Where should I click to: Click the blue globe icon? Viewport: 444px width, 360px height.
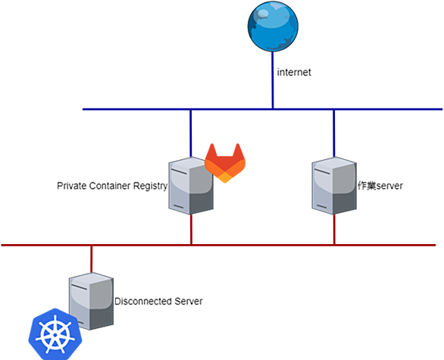click(x=273, y=27)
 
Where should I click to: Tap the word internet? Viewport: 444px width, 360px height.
click(x=294, y=72)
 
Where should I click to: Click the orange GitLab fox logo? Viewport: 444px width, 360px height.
click(x=225, y=163)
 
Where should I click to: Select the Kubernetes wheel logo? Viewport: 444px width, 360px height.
click(x=55, y=334)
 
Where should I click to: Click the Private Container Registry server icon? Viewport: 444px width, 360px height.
click(x=191, y=186)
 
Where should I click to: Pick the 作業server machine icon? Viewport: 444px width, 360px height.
click(x=334, y=186)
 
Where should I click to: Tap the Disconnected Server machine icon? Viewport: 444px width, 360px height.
click(x=91, y=301)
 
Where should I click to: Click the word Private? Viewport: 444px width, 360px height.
click(x=72, y=186)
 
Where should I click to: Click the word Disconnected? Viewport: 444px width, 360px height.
click(x=143, y=301)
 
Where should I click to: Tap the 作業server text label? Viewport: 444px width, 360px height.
click(x=380, y=186)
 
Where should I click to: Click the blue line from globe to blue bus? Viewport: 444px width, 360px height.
click(x=273, y=80)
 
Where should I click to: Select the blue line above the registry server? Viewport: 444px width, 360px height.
click(x=191, y=133)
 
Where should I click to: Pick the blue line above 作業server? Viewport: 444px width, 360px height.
click(x=334, y=133)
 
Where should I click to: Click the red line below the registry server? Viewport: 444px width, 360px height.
click(x=191, y=230)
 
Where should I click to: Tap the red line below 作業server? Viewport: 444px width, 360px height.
click(x=334, y=230)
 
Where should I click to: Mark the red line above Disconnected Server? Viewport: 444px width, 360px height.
click(x=92, y=259)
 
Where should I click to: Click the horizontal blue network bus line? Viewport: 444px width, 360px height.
click(x=262, y=109)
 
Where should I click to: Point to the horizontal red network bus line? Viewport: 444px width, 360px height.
click(x=218, y=245)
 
